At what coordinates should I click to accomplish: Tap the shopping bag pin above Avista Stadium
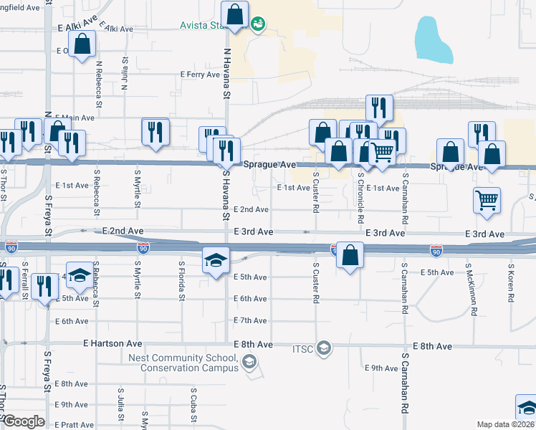coord(235,14)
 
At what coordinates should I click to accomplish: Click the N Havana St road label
coord(227,74)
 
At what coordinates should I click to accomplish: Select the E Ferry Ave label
coord(200,75)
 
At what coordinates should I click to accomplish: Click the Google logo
coord(24,421)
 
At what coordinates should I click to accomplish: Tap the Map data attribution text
coord(505,424)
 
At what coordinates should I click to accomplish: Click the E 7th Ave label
coord(250,320)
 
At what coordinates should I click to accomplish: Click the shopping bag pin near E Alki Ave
coord(83,44)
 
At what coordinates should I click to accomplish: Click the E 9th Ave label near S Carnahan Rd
coord(381,368)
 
